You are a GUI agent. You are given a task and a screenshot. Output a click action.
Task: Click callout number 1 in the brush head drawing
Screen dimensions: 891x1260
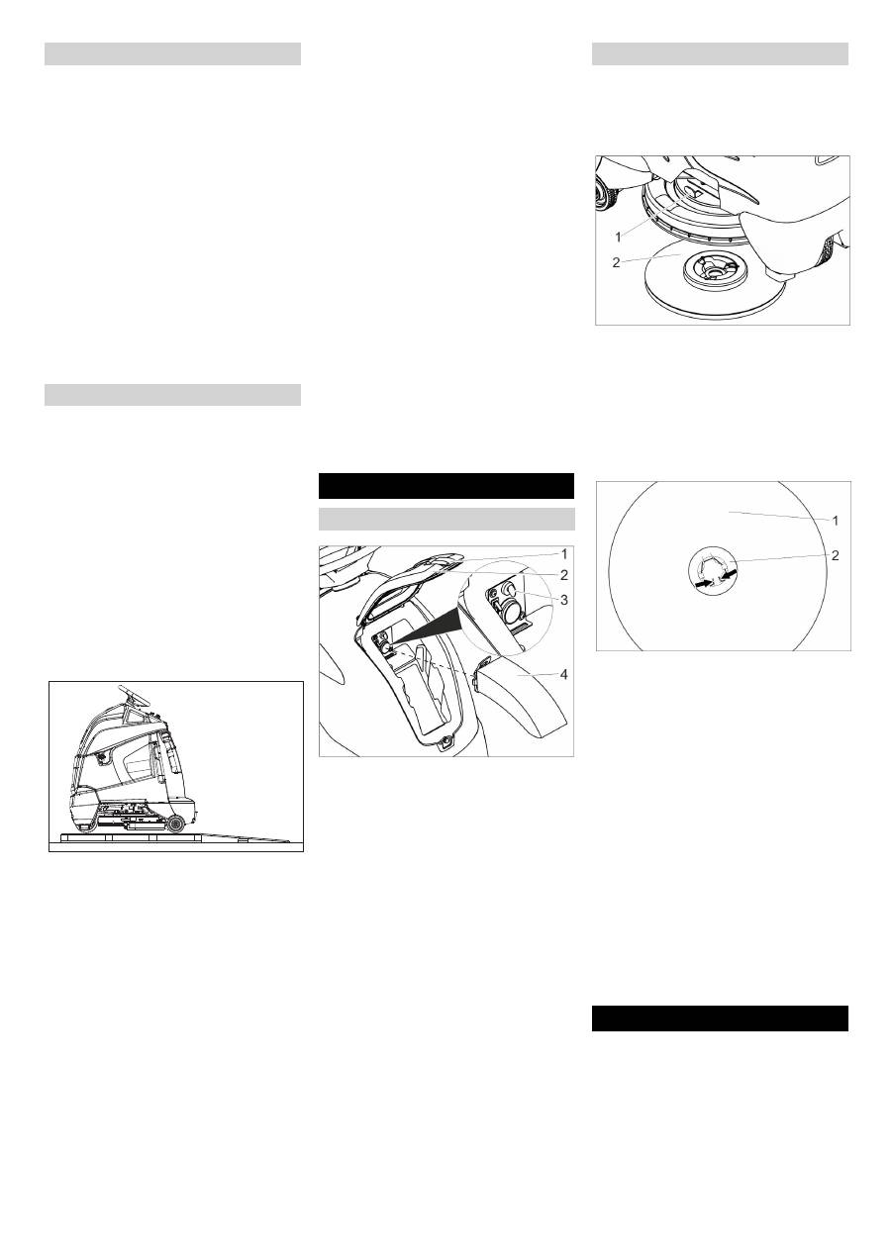618,238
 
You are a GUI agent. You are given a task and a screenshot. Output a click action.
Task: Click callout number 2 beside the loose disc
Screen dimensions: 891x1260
616,262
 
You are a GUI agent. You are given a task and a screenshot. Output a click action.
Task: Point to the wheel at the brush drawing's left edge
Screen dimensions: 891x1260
605,192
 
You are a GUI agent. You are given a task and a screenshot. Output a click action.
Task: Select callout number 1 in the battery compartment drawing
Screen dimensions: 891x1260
564,554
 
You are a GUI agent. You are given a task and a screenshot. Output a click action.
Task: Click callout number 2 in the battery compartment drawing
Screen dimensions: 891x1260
563,575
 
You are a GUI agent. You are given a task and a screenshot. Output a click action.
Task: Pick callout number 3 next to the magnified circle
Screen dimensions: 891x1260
563,600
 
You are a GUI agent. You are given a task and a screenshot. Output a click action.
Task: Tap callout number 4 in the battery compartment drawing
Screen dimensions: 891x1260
564,674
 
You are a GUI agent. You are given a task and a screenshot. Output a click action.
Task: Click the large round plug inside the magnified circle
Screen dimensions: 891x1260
510,611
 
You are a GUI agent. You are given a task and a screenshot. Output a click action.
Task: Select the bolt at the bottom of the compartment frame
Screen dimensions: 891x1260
446,741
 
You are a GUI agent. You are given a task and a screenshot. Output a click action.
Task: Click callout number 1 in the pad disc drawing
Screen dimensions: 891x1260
836,521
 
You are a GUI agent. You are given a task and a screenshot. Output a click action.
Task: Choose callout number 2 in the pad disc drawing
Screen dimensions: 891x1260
836,555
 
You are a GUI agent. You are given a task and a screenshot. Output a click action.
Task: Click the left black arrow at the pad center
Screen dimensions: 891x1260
703,585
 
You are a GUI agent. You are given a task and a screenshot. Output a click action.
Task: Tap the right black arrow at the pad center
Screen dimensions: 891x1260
729,577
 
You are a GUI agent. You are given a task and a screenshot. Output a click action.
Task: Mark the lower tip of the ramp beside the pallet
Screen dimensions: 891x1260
290,841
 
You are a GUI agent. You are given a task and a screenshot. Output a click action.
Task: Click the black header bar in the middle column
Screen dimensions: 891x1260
446,486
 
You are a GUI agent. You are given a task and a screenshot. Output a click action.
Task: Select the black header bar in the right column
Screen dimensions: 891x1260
720,1018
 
